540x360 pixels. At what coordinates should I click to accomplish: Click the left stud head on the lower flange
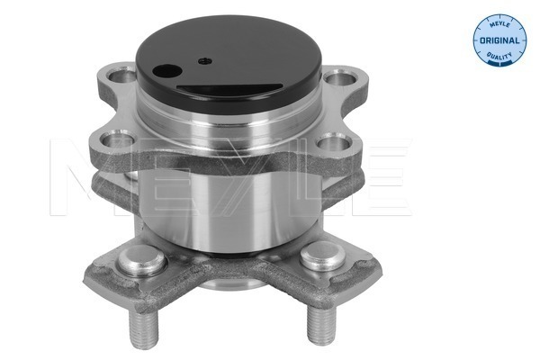[142, 264]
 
